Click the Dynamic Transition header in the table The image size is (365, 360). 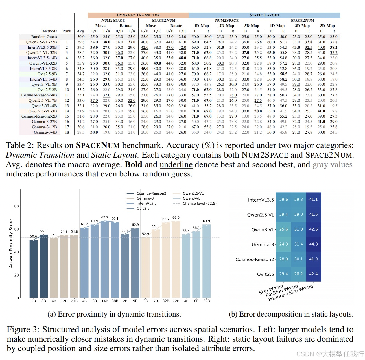138,15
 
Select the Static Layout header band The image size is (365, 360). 265,15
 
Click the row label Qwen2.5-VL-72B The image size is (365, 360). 41,42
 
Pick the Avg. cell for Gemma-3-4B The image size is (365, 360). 81,132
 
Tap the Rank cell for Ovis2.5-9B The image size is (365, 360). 67,74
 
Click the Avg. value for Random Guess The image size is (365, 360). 81,37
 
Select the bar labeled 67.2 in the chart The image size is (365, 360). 105,259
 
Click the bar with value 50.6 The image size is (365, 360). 34,269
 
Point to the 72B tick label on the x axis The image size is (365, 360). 176,301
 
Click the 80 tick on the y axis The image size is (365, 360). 17,206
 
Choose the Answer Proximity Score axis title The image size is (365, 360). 11,244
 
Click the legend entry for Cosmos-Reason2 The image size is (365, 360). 147,193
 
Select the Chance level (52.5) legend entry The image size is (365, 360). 195,204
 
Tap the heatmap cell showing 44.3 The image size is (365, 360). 313,244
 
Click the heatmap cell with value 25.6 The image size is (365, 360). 283,229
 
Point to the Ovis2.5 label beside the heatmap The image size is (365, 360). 265,274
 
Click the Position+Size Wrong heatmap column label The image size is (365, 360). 291,293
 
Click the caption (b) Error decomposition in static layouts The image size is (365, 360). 291,314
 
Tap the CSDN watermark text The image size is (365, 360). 330,354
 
